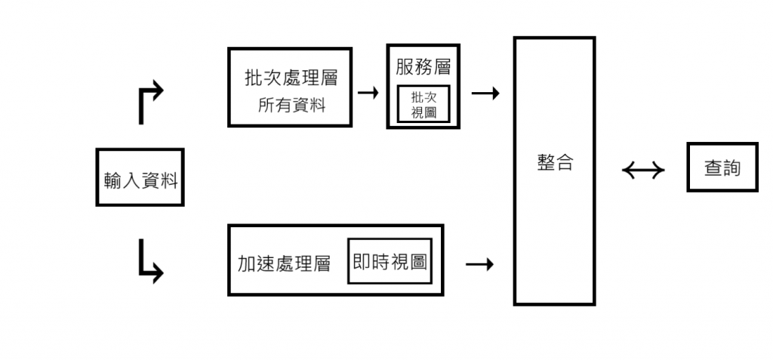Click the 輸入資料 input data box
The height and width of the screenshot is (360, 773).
coord(140,177)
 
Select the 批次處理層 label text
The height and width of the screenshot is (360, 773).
coord(291,78)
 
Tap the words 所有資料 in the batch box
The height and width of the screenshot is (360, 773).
coord(291,106)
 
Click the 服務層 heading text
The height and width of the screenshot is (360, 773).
coord(423,67)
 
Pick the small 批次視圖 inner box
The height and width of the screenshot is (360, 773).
coord(423,104)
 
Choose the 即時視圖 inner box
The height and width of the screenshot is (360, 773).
coord(390,261)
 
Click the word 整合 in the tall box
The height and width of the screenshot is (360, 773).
coord(555,163)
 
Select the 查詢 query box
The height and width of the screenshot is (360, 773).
coord(722,167)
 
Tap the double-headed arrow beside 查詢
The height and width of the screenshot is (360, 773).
coord(643,171)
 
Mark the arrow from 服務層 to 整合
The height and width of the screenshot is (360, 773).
coord(485,94)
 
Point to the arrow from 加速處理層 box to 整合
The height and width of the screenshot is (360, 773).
coord(480,264)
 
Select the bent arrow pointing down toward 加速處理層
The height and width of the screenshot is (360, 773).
coord(149,260)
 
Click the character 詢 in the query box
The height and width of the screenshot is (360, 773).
coord(731,168)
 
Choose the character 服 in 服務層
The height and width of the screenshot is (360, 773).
coord(405,67)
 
